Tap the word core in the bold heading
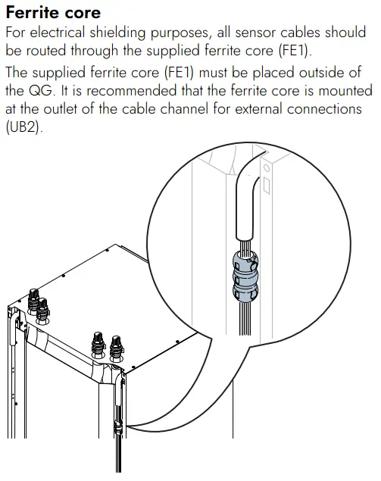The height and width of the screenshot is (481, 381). (83, 14)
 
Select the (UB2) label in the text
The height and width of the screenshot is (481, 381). (23, 127)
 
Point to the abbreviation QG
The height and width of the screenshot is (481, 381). (42, 91)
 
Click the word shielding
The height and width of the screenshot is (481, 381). (117, 33)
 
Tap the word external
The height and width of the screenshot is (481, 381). (258, 109)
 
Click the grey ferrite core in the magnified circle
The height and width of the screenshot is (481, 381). (245, 276)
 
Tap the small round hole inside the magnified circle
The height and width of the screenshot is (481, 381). (267, 168)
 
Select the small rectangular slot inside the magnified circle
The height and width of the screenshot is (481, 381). (267, 186)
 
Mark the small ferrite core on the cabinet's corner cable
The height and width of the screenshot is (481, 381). (118, 428)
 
